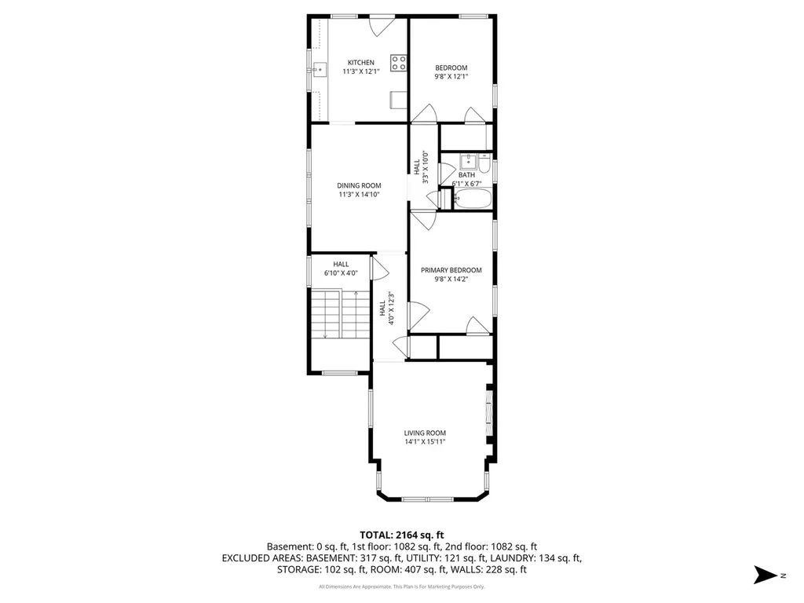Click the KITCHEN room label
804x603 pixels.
tap(361, 63)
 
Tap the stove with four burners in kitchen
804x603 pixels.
tap(398, 63)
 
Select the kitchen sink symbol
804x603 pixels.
tap(320, 69)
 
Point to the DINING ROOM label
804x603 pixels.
tap(359, 185)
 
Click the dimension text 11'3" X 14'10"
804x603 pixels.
tap(359, 195)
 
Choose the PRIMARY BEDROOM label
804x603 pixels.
tap(451, 270)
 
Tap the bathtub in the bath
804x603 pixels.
tap(473, 199)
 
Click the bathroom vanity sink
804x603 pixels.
tap(468, 162)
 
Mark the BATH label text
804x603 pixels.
tap(466, 175)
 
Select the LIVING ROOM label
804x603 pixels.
tap(425, 433)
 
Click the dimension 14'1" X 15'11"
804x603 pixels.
tap(425, 441)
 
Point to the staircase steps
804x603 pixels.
tap(341, 313)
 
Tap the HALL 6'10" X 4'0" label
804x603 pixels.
tap(341, 269)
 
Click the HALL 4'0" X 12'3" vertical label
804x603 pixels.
tap(386, 308)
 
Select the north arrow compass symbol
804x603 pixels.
tap(766, 575)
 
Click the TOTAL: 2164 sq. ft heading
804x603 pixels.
tap(401, 535)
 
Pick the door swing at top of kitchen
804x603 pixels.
tap(382, 26)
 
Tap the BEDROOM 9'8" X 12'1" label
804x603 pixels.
tap(451, 71)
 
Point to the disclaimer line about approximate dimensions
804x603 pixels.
tap(401, 587)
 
